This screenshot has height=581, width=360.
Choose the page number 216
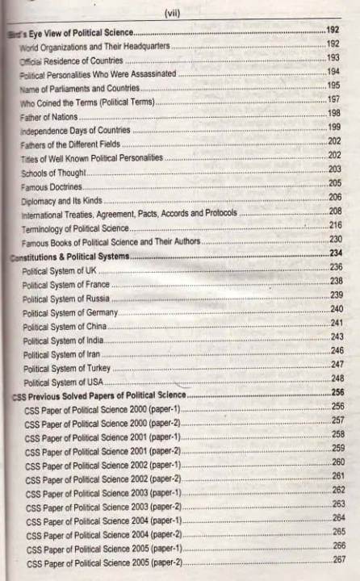coord(335,225)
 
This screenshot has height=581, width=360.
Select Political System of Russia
coord(67,297)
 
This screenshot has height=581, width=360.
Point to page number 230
coord(336,240)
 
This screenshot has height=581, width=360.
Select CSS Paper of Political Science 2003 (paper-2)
coord(103,506)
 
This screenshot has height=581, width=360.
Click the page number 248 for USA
coord(337,379)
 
